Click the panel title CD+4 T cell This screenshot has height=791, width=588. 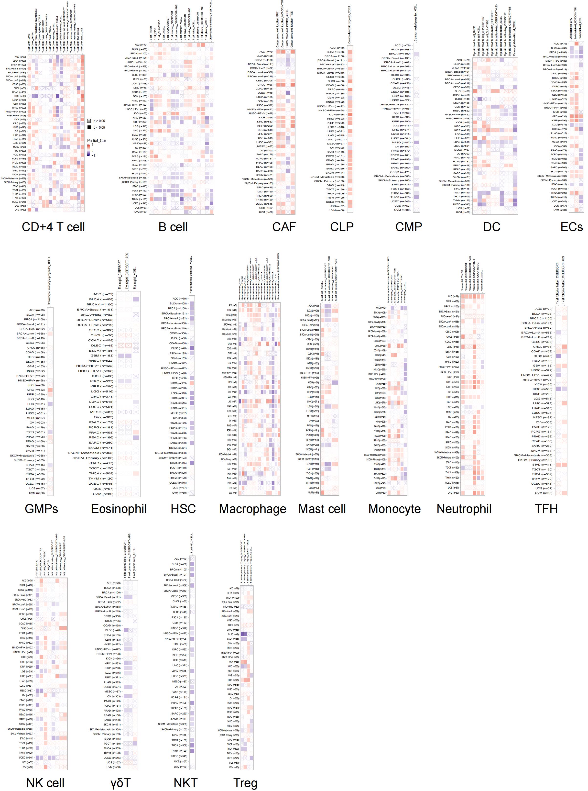click(x=53, y=227)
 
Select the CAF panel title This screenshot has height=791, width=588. click(x=284, y=227)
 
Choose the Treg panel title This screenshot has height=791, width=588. click(x=245, y=783)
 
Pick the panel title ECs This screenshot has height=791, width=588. click(x=571, y=227)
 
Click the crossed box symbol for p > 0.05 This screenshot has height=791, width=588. click(x=89, y=121)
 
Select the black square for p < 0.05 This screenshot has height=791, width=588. click(x=89, y=127)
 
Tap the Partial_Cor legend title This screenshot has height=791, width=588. click(x=97, y=141)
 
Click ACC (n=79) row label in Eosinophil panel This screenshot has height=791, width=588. click(x=103, y=294)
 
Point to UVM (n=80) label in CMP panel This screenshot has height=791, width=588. click(x=402, y=210)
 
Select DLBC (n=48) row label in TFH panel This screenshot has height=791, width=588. click(x=543, y=356)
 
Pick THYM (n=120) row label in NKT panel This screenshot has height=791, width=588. click(x=179, y=750)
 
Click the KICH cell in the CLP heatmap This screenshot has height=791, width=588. click(x=350, y=115)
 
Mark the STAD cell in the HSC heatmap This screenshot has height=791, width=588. click(x=192, y=463)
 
